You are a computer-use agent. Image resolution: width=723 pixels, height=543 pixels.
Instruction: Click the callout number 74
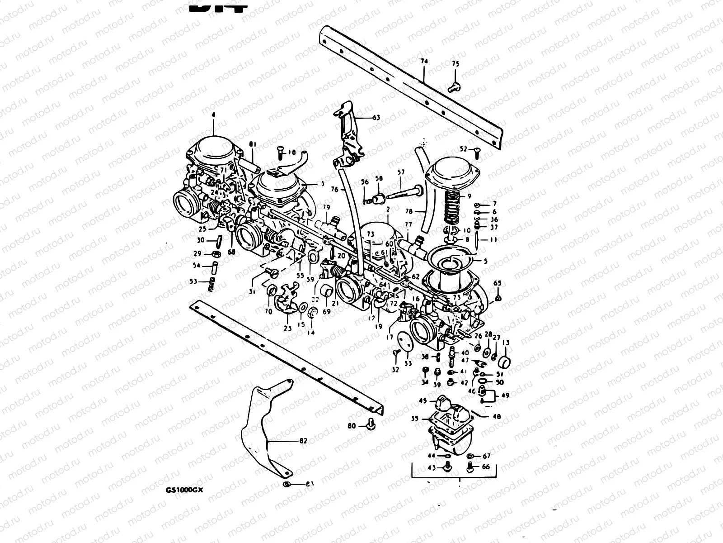click(424, 61)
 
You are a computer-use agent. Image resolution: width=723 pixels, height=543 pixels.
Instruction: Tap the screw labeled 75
click(454, 86)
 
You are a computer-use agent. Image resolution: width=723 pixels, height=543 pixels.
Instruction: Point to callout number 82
click(303, 440)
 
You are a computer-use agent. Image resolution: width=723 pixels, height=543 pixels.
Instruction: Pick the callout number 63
click(376, 118)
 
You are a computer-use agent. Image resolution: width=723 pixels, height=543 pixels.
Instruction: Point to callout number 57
click(400, 171)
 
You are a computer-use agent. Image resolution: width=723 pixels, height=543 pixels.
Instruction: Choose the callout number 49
click(505, 395)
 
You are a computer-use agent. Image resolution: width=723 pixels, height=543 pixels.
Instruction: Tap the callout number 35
click(414, 419)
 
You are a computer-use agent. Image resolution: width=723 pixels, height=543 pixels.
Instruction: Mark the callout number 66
click(486, 467)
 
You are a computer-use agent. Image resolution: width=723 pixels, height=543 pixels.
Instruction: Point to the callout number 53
click(193, 281)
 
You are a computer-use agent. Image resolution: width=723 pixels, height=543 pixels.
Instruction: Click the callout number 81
click(253, 144)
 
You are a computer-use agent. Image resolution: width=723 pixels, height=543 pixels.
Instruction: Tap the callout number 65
click(497, 283)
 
